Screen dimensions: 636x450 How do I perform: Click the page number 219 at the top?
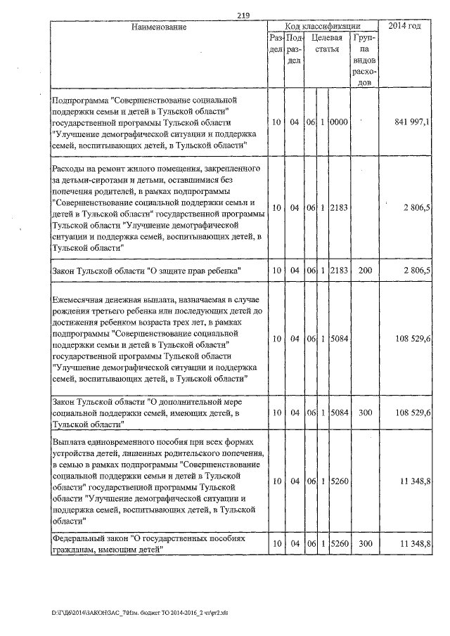244,16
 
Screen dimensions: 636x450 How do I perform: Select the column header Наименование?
158,27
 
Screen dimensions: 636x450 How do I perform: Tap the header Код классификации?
323,26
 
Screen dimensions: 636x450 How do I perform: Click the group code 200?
364,271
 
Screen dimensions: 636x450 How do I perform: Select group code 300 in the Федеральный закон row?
364,545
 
